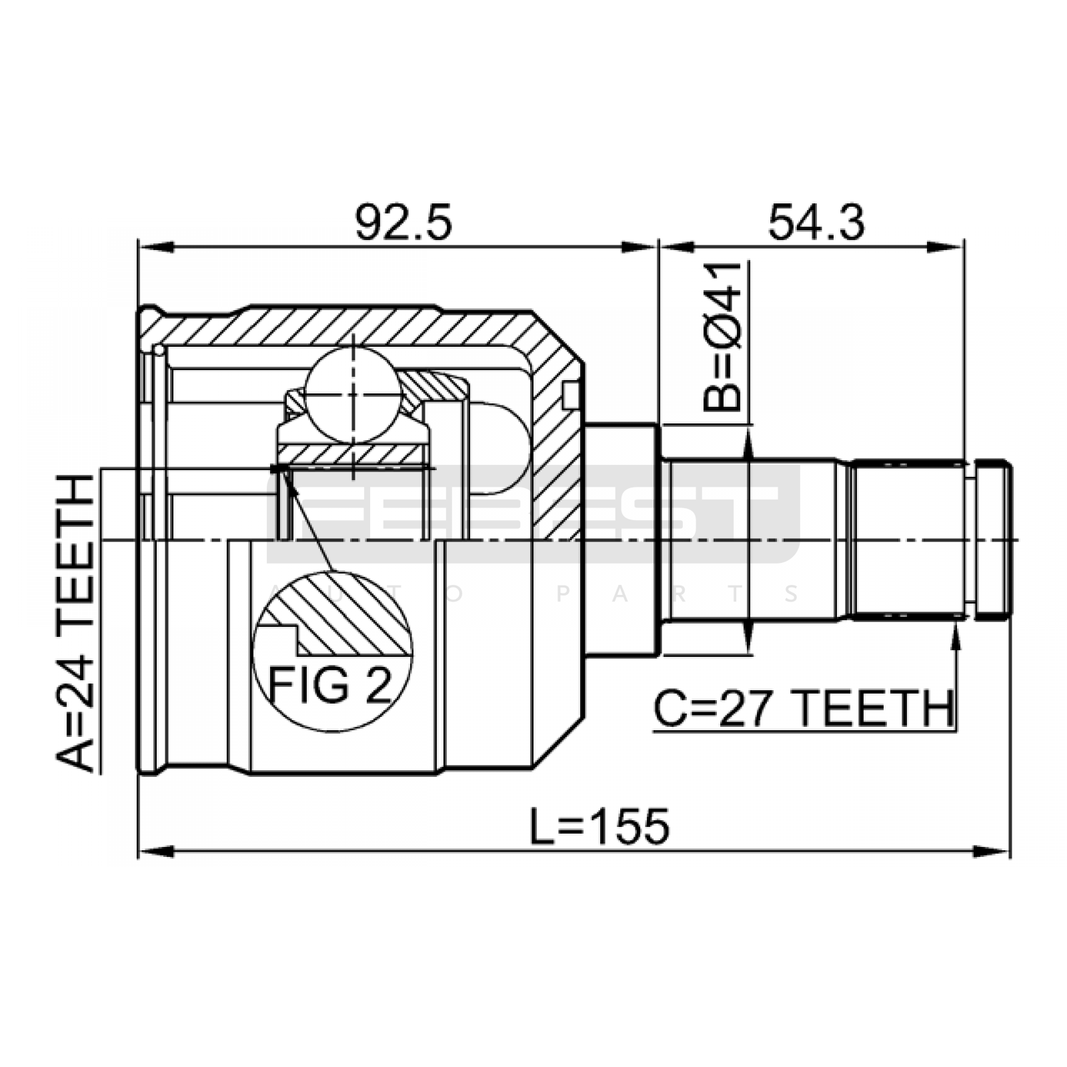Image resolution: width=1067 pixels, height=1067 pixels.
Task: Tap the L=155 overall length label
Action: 600,826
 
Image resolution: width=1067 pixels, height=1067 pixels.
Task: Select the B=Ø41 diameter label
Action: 722,336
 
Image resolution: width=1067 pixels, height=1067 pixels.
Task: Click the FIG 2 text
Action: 330,685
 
